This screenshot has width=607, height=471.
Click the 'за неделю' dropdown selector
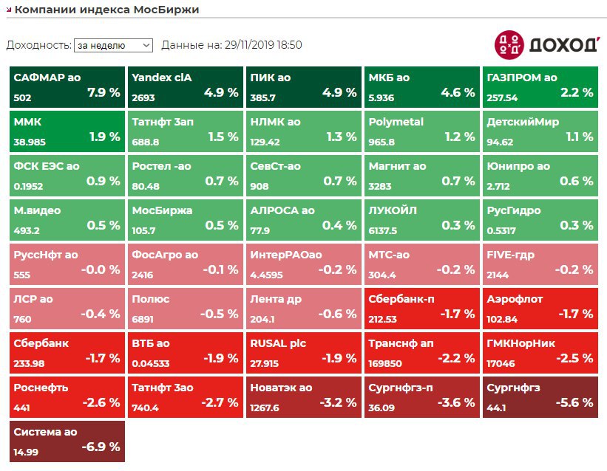[112, 45]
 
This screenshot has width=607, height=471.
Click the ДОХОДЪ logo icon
[509, 44]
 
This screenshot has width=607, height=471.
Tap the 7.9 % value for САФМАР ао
[104, 93]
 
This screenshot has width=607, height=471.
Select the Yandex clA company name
[161, 77]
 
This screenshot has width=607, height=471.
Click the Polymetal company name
[396, 121]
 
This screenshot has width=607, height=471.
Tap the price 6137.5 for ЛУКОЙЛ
[383, 230]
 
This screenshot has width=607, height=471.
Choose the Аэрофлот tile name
[514, 298]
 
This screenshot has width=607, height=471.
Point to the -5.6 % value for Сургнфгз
[574, 403]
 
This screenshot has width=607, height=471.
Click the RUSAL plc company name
[278, 343]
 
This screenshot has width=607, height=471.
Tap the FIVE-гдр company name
[510, 254]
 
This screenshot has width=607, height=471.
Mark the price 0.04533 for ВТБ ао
[151, 363]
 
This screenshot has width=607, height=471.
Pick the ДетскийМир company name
[523, 121]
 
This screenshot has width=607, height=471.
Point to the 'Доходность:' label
[38, 45]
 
